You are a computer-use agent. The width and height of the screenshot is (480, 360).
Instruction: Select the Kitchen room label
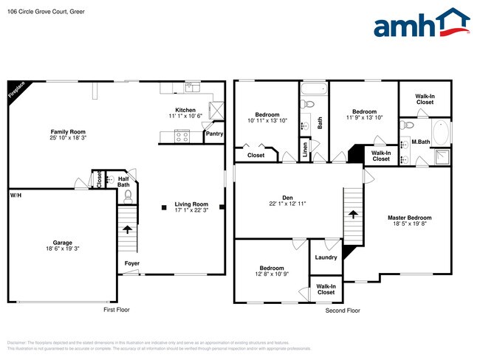[185, 110]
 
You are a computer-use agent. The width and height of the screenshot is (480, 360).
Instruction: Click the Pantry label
[214, 134]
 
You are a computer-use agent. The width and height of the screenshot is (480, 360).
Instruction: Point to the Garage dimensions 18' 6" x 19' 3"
[62, 249]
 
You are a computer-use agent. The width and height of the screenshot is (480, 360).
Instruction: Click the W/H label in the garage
[15, 195]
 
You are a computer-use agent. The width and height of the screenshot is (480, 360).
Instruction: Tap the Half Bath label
[123, 181]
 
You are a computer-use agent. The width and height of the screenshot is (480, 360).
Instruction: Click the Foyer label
[131, 263]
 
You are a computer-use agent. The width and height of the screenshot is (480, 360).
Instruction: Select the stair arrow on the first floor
[128, 229]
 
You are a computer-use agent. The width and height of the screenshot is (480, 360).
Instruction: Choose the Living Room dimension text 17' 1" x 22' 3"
[191, 210]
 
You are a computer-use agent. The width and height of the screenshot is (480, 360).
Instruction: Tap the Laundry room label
[326, 257]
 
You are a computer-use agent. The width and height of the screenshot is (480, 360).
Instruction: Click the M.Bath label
[421, 142]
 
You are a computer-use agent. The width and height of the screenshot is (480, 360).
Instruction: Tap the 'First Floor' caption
[116, 310]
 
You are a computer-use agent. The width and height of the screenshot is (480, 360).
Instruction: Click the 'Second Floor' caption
[343, 311]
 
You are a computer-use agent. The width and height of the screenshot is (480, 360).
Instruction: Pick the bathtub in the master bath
[442, 134]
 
